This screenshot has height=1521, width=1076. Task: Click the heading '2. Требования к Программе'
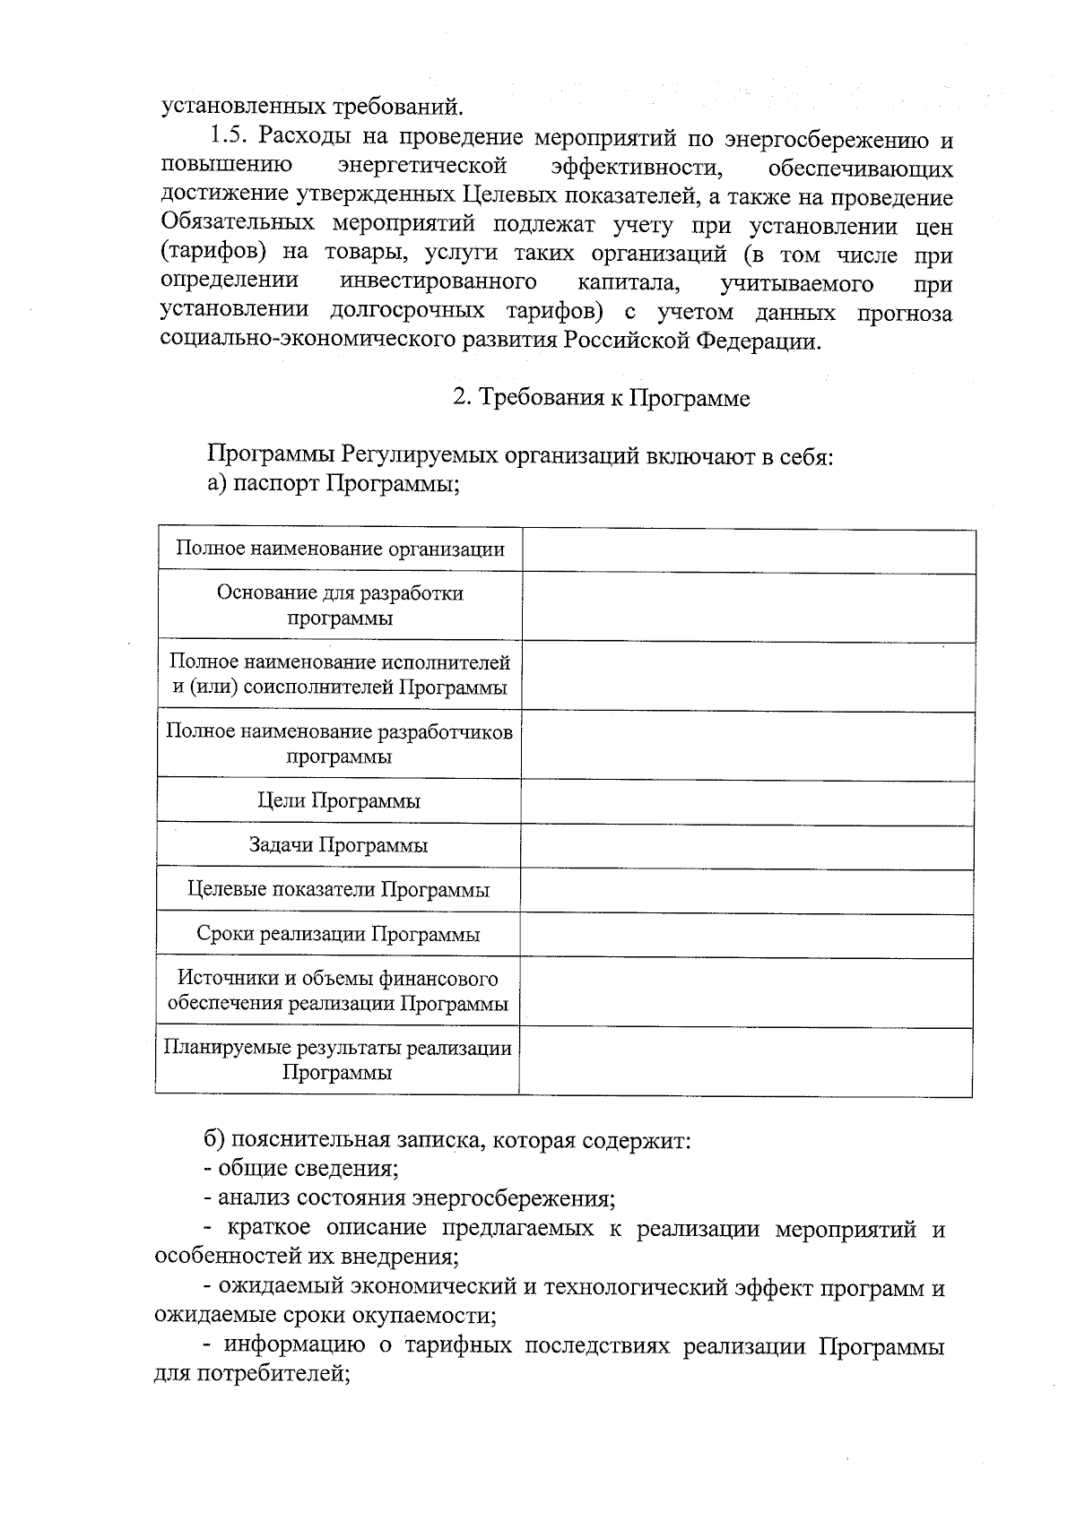coord(601,397)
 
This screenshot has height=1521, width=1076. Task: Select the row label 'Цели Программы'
coord(338,800)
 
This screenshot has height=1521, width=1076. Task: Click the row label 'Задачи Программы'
coord(338,845)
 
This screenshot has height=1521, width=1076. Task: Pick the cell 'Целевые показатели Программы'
coord(338,890)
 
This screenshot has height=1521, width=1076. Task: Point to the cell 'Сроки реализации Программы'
coord(338,935)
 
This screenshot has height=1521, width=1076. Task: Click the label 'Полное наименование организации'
coord(340,549)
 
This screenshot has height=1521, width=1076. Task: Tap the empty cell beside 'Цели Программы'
coord(747,801)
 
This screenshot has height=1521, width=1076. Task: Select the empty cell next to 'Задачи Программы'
coord(747,846)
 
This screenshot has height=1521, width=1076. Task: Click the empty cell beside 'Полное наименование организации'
coord(749,550)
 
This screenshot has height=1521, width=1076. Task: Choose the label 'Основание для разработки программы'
coord(340,605)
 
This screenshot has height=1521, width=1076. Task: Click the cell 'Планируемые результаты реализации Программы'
coord(337,1060)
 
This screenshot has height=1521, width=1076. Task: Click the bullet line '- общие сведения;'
coord(301,1169)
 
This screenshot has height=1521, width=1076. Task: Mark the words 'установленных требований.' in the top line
coord(313,108)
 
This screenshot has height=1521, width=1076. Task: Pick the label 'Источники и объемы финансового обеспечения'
coord(338,990)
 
